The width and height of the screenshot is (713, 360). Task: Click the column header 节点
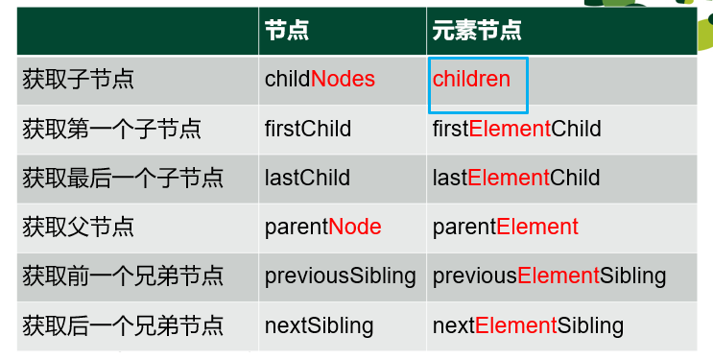286,31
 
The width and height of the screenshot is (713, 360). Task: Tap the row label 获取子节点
78,79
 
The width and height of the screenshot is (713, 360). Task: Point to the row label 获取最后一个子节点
123,178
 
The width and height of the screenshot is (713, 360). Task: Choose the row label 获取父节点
78,227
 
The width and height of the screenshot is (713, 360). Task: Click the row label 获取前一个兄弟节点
123,276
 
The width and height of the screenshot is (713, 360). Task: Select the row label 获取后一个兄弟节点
123,325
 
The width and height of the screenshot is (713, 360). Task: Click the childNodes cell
320,79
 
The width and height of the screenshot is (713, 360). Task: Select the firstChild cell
308,129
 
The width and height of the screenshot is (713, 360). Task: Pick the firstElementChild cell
516,129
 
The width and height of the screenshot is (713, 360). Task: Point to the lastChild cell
307,178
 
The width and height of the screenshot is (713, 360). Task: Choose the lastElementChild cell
515,178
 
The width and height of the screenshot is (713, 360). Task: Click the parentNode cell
322,227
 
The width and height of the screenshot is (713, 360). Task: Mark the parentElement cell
505,227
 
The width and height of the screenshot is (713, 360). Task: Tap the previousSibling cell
340,276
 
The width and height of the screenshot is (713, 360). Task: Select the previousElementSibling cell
549,276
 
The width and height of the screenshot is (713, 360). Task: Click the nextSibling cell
319,325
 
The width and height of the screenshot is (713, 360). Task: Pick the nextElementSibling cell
528,325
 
